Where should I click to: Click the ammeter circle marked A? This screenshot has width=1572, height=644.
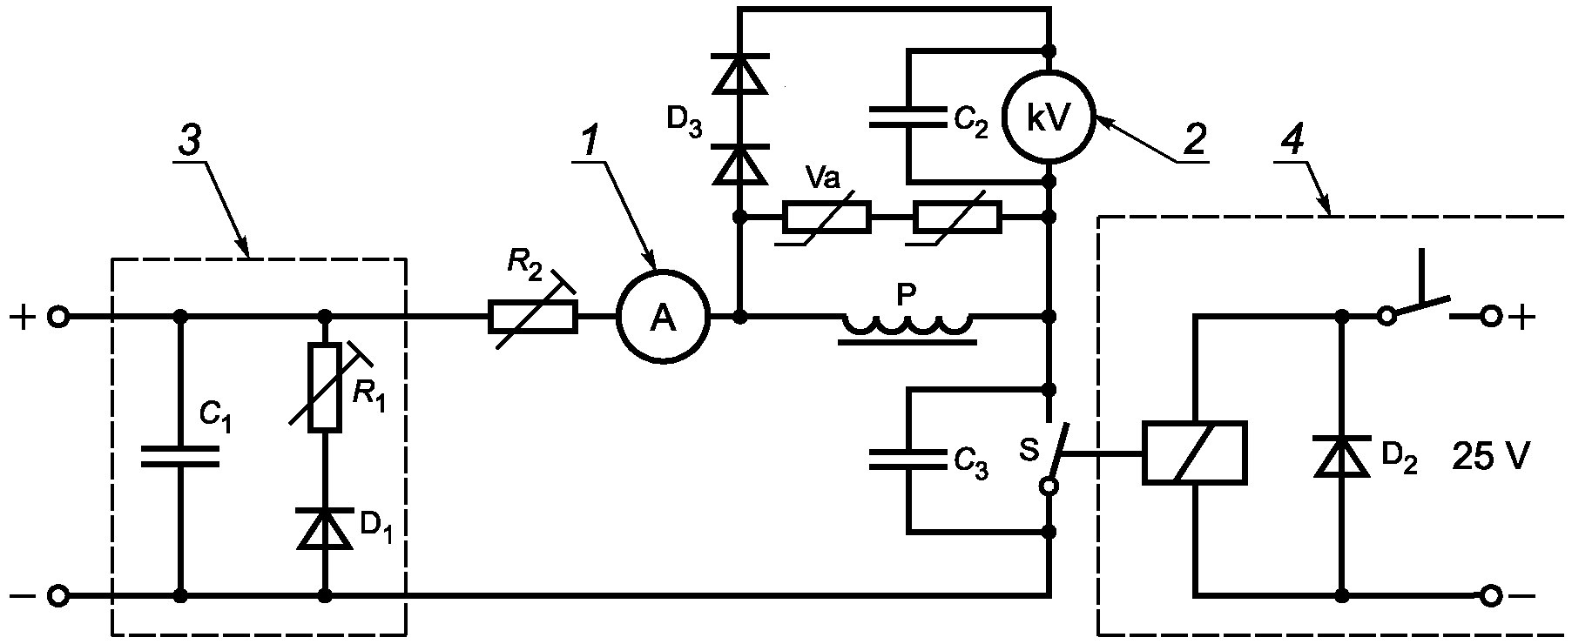pos(664,318)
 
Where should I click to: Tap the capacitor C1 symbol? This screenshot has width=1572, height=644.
pos(180,457)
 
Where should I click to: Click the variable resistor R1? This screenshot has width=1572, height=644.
pos(325,387)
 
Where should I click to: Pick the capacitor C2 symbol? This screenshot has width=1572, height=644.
pos(907,117)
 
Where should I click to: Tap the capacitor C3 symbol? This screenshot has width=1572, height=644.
pos(907,460)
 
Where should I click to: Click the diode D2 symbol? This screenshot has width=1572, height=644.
pos(1342,457)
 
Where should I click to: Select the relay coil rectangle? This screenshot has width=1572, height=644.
pos(1195,453)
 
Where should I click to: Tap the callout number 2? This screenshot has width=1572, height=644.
pos(1194,138)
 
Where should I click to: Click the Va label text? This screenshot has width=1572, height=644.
pos(822,178)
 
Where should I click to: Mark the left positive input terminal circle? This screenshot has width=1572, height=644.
pos(57,318)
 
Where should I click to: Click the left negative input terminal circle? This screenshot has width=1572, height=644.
pos(57,597)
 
